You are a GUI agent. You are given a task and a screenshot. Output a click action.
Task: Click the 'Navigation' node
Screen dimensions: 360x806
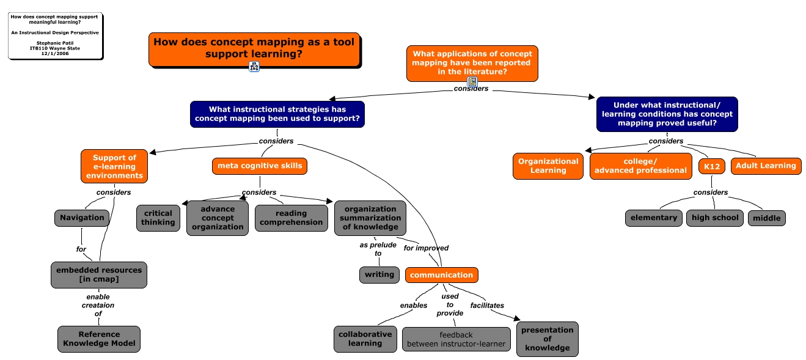pyautogui.click(x=82, y=218)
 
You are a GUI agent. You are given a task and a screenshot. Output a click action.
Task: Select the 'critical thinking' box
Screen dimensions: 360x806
pyautogui.click(x=158, y=218)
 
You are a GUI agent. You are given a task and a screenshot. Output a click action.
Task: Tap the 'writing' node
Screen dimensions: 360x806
pyautogui.click(x=379, y=274)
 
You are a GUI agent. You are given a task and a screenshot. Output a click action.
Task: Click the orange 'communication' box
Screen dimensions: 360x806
pyautogui.click(x=441, y=275)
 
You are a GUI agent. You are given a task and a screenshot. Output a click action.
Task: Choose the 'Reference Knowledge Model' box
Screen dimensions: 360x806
pyautogui.click(x=99, y=339)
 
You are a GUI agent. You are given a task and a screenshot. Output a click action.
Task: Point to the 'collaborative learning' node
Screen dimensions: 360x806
pyautogui.click(x=365, y=339)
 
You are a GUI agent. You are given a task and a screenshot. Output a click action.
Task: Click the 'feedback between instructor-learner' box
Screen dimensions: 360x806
pyautogui.click(x=456, y=339)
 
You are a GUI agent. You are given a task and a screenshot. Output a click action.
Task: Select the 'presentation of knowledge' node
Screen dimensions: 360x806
pyautogui.click(x=547, y=339)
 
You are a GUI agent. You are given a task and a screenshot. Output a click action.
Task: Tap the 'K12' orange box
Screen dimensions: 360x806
pyautogui.click(x=712, y=166)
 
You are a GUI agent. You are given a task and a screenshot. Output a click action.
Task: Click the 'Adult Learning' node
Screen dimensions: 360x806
pyautogui.click(x=766, y=166)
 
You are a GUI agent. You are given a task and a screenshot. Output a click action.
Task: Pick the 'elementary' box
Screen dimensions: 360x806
pyautogui.click(x=653, y=218)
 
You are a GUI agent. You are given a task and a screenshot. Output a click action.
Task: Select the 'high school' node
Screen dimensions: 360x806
pyautogui.click(x=714, y=218)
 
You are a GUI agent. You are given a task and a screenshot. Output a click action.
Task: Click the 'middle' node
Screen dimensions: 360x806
pyautogui.click(x=766, y=218)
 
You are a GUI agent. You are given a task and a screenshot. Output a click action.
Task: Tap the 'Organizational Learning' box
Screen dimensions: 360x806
pyautogui.click(x=548, y=166)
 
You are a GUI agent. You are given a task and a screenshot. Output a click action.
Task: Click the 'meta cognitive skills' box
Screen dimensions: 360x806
pyautogui.click(x=260, y=166)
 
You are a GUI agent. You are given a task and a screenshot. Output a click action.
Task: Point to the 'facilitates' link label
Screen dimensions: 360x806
pyautogui.click(x=487, y=305)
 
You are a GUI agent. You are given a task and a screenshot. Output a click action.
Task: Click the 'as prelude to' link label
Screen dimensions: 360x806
pyautogui.click(x=378, y=249)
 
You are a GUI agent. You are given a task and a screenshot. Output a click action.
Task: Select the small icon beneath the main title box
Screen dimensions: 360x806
pyautogui.click(x=254, y=67)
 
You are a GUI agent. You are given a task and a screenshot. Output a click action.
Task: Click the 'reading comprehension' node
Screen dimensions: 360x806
pyautogui.click(x=291, y=218)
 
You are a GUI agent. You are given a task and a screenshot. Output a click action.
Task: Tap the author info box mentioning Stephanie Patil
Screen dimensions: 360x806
pyautogui.click(x=55, y=37)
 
